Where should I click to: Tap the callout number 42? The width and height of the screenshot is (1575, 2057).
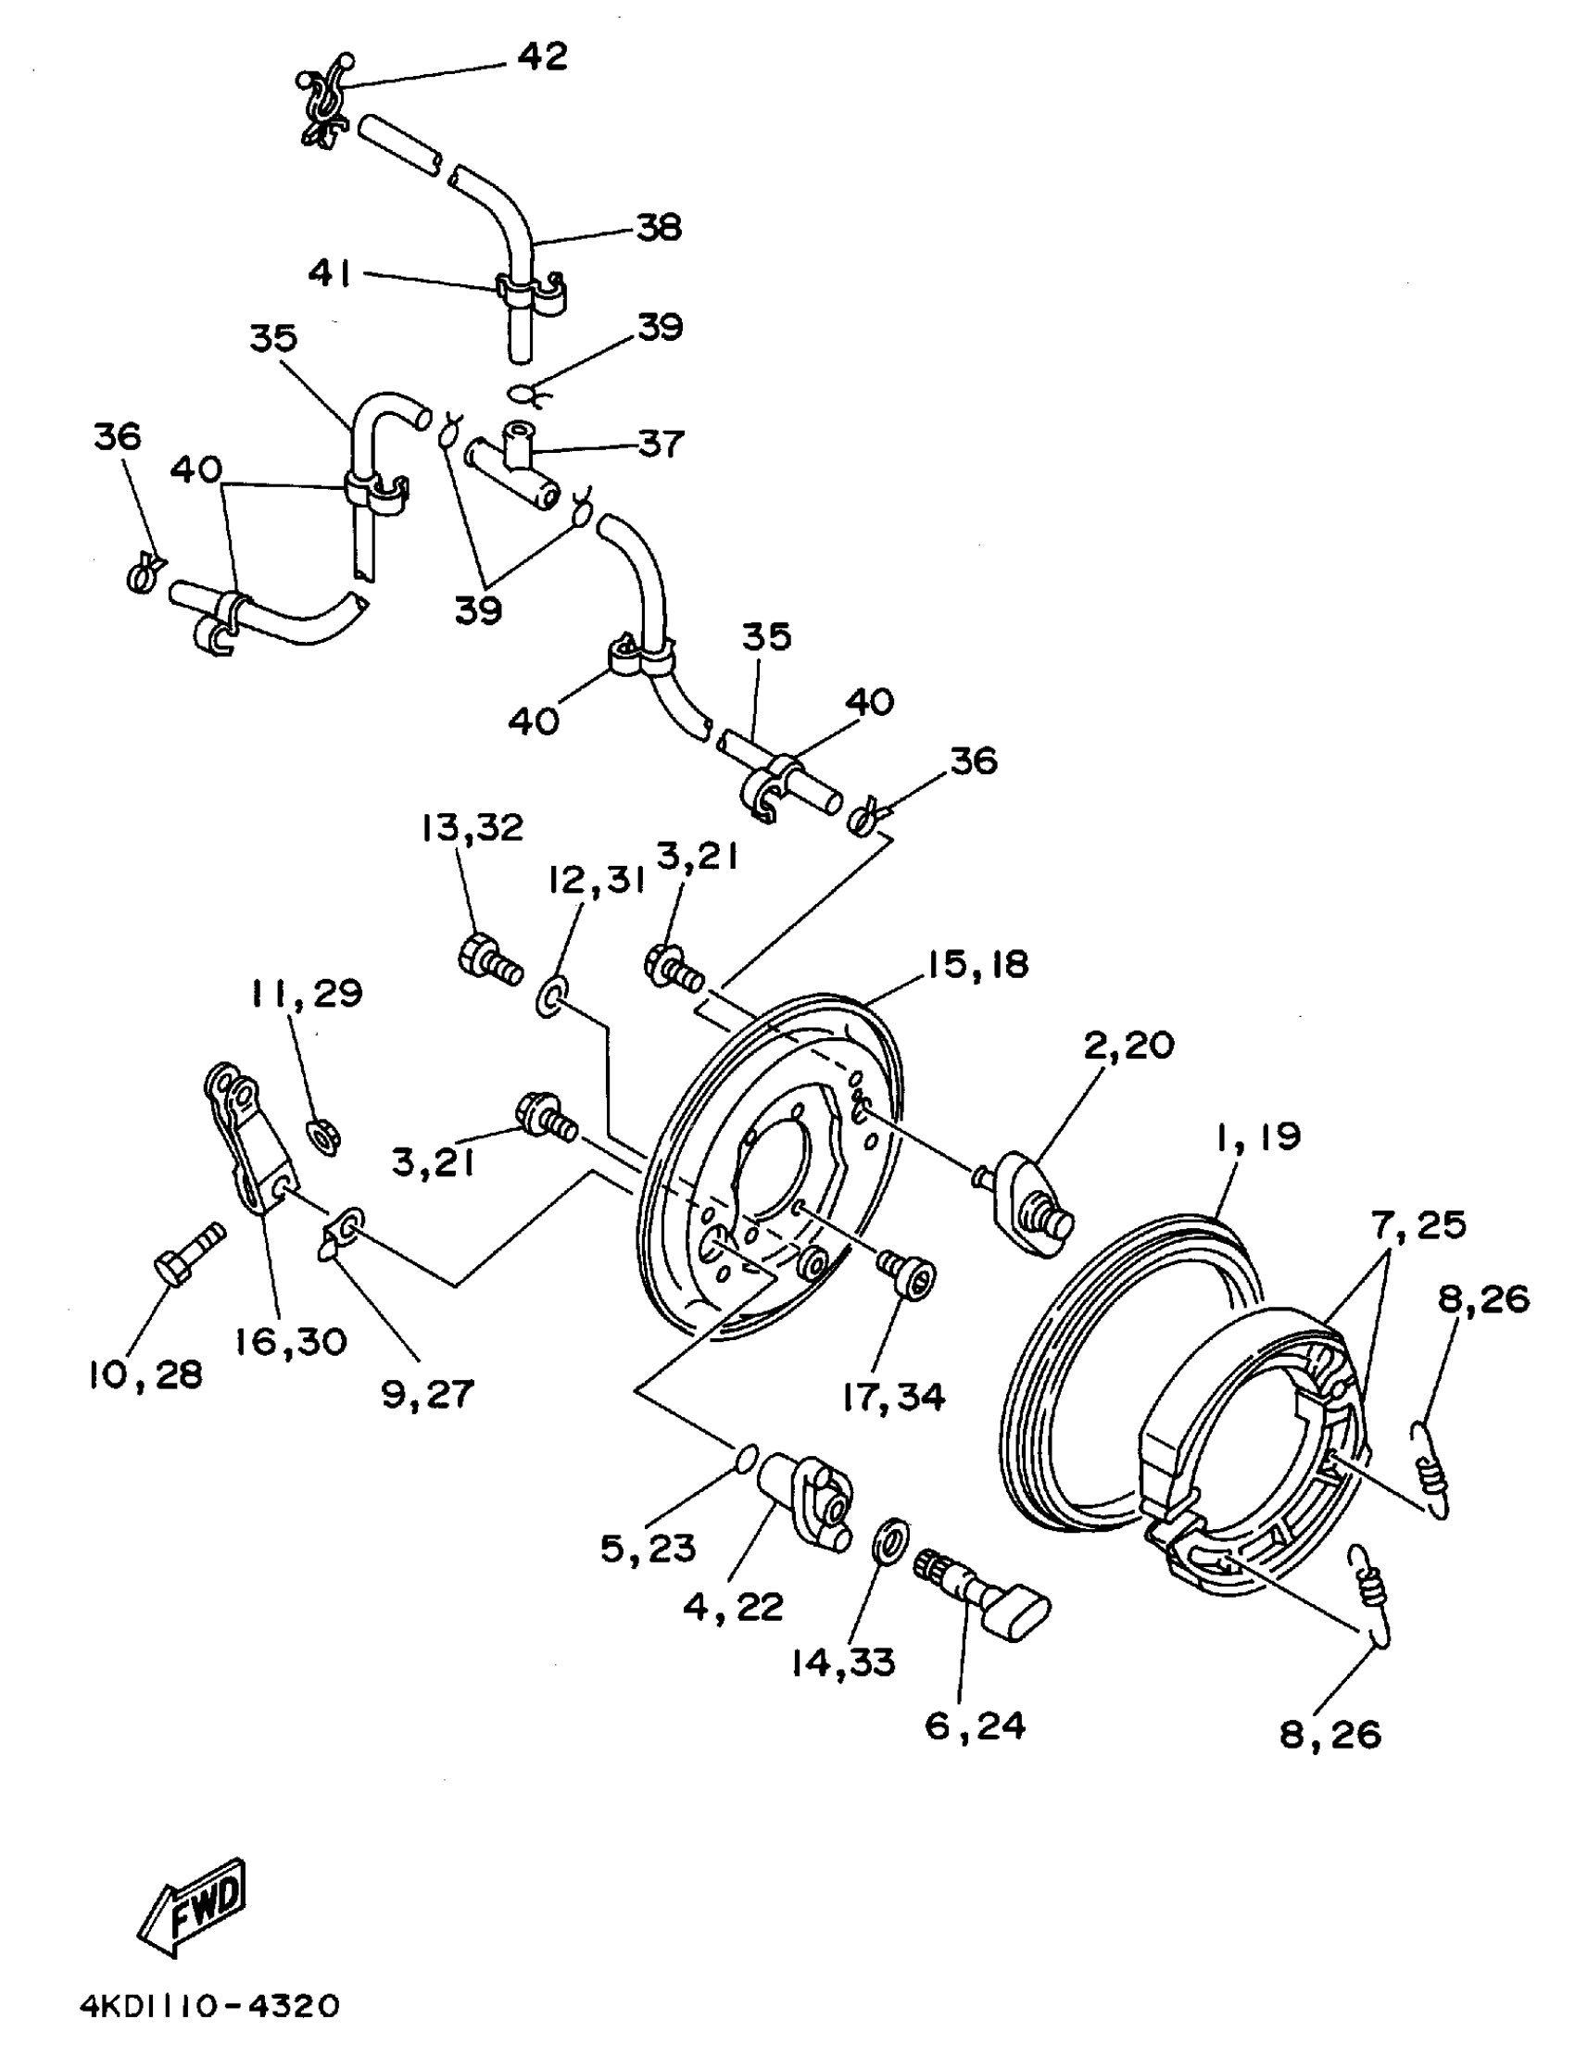(x=543, y=57)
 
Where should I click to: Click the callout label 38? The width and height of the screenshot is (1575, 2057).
(x=659, y=228)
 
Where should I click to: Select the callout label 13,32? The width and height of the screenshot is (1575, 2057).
(x=472, y=828)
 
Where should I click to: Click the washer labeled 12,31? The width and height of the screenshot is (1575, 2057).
(x=548, y=998)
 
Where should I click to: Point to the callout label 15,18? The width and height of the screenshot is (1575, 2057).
(x=977, y=964)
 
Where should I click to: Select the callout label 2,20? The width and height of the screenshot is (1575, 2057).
(x=1129, y=1045)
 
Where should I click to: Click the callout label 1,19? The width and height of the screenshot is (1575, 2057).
(x=1258, y=1136)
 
